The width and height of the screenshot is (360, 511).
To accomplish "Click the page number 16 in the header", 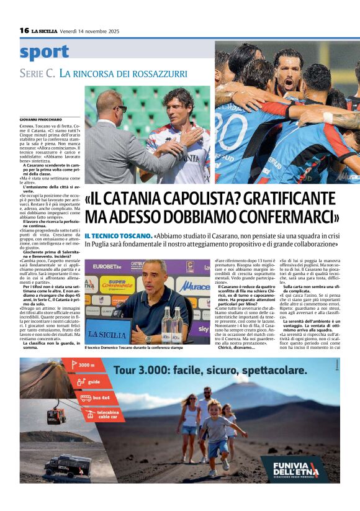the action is coord(24,30).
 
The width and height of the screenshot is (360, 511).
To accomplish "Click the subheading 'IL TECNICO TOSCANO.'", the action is coord(118,236).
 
